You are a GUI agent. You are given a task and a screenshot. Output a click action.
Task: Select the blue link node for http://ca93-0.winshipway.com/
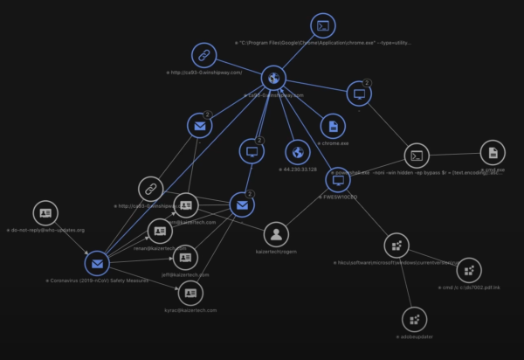click(203, 56)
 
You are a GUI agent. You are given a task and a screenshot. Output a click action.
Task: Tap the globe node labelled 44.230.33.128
click(298, 152)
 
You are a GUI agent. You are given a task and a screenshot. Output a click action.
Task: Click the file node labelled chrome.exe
click(332, 126)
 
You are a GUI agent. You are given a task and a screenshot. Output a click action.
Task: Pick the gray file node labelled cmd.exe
click(493, 153)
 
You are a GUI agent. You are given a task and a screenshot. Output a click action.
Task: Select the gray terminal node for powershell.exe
click(417, 156)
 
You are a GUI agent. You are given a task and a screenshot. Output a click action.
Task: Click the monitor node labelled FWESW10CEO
click(337, 180)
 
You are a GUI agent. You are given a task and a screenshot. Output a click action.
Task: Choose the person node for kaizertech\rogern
click(277, 233)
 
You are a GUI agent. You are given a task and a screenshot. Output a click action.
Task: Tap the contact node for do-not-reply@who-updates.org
click(45, 213)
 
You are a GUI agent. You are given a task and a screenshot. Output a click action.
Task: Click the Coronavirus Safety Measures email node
click(96, 263)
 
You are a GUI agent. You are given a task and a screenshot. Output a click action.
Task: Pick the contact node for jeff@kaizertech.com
click(186, 258)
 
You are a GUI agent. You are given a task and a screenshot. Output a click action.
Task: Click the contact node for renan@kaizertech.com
click(159, 231)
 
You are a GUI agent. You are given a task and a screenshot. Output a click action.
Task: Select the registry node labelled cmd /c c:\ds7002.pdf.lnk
click(469, 270)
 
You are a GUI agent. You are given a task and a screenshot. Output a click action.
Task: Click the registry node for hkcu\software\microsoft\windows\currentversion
click(396, 246)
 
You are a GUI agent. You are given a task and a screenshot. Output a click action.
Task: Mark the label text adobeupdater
click(416, 336)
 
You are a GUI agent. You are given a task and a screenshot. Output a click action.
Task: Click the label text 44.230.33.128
click(300, 169)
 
